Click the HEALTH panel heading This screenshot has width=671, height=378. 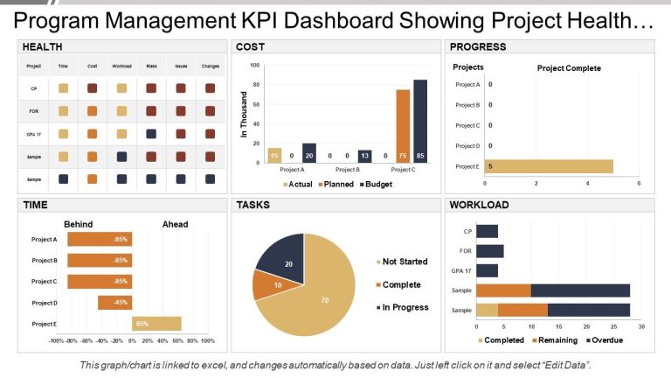(x=43, y=46)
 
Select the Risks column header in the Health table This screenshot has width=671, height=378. (x=151, y=66)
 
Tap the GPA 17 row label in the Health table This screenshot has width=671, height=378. (x=34, y=134)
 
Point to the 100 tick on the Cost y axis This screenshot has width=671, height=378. (x=254, y=65)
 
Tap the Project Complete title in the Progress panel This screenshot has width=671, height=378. (x=569, y=68)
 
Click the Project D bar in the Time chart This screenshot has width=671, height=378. (x=114, y=303)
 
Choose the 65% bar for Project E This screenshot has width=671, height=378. (x=156, y=324)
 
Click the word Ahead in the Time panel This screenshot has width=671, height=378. (x=175, y=224)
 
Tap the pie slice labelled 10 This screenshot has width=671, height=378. (x=266, y=285)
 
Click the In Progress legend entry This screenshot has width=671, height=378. (x=402, y=308)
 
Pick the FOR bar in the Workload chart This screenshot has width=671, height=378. (x=489, y=251)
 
